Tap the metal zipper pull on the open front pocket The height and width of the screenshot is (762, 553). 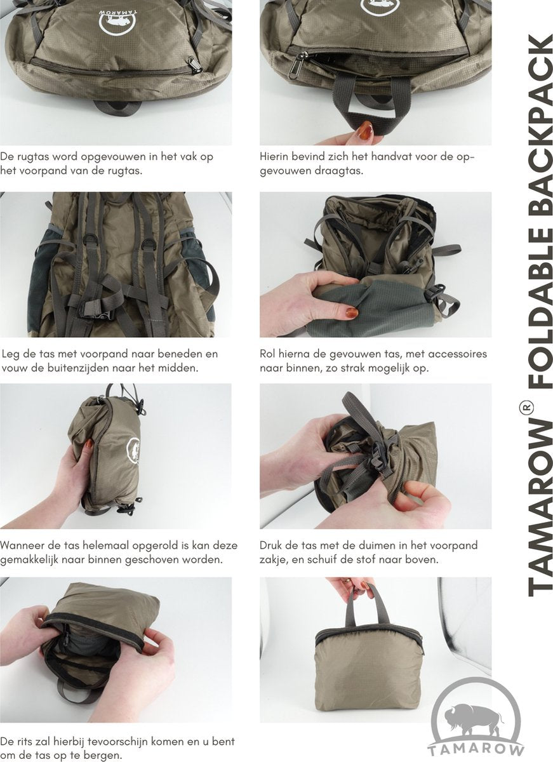pos(295,65)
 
